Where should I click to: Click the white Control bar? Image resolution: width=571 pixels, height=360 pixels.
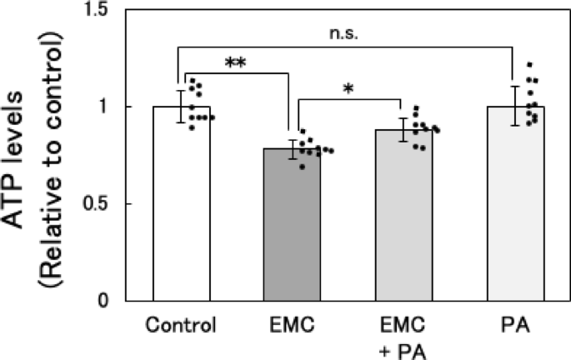182,208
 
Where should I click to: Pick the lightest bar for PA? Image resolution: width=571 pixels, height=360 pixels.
515,208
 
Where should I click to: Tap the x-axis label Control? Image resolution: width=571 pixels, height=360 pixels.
181,323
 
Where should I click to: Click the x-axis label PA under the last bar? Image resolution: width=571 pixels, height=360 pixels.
515,323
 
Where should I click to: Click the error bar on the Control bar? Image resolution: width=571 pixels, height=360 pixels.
182,107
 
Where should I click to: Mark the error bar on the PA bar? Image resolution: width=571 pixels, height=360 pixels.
515,105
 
